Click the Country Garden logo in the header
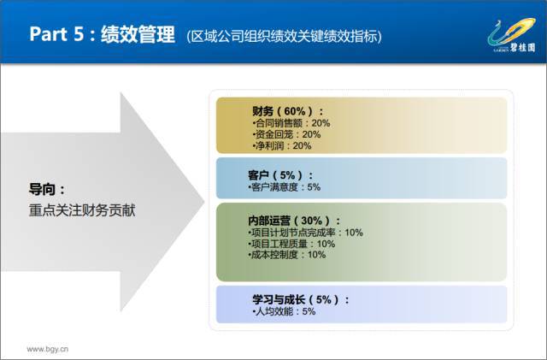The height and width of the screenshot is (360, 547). point(512,35)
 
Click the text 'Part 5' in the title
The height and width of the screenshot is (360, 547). point(56,34)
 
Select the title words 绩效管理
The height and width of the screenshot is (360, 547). point(138,34)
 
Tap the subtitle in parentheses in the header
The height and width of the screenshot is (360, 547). point(284,36)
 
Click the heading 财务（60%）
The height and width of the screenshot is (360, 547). point(288,111)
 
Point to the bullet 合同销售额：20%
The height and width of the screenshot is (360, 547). point(291,123)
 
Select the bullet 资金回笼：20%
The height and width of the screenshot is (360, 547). point(286,134)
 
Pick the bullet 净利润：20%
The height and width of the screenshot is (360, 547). point(281,145)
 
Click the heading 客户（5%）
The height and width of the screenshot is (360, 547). point(281,175)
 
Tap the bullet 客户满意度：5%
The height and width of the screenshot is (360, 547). point(284,187)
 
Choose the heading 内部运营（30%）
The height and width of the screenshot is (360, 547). point(294,221)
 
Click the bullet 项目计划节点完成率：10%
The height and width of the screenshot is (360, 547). point(305,233)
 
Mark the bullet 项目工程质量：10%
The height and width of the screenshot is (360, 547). point(291,244)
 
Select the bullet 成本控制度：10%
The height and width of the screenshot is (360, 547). point(287,255)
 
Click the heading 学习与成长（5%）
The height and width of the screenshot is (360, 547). point(301,299)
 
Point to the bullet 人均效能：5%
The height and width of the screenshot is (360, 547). point(284,311)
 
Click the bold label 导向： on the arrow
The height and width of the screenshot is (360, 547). point(47,190)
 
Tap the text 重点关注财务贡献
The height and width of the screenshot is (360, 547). point(82,210)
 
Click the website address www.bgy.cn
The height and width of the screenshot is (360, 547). point(48,349)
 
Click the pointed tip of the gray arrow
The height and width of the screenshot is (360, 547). point(204,202)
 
